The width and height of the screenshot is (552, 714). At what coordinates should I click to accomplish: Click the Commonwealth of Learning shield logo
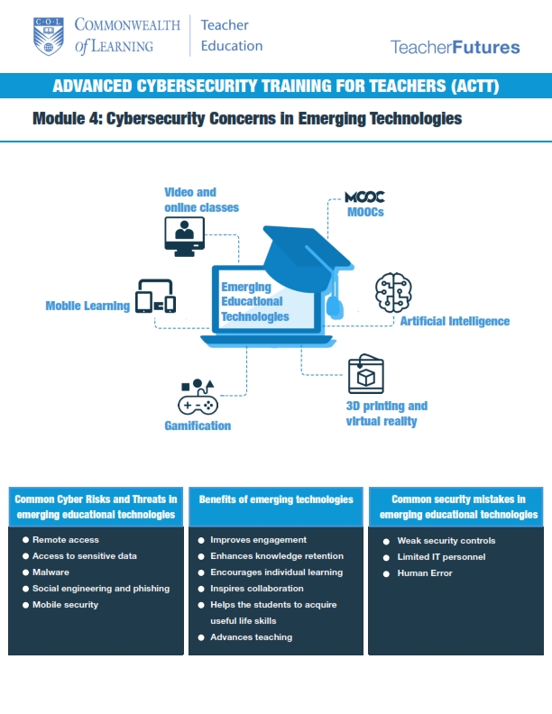(x=49, y=34)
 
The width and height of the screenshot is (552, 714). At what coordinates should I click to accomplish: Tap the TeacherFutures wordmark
(x=455, y=47)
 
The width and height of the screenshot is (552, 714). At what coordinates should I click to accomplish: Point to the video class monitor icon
(x=184, y=236)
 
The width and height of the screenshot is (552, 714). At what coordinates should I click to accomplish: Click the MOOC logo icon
(x=365, y=197)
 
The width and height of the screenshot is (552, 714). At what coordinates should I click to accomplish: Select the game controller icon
(x=198, y=398)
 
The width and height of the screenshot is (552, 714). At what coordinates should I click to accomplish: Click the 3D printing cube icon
(x=366, y=375)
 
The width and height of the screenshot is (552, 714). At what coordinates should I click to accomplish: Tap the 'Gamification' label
(x=198, y=426)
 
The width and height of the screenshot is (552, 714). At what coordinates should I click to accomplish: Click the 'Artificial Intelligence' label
(x=455, y=321)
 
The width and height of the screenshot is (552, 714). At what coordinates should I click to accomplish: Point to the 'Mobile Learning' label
(x=87, y=306)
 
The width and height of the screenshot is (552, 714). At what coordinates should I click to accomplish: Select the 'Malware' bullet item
(x=51, y=572)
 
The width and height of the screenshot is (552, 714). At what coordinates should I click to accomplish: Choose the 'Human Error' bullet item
(x=425, y=572)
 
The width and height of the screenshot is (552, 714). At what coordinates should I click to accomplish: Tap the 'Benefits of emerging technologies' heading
(x=276, y=499)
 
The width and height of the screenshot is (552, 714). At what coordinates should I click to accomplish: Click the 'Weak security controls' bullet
(x=446, y=540)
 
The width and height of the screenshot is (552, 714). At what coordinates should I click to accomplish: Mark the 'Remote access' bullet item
(x=65, y=540)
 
